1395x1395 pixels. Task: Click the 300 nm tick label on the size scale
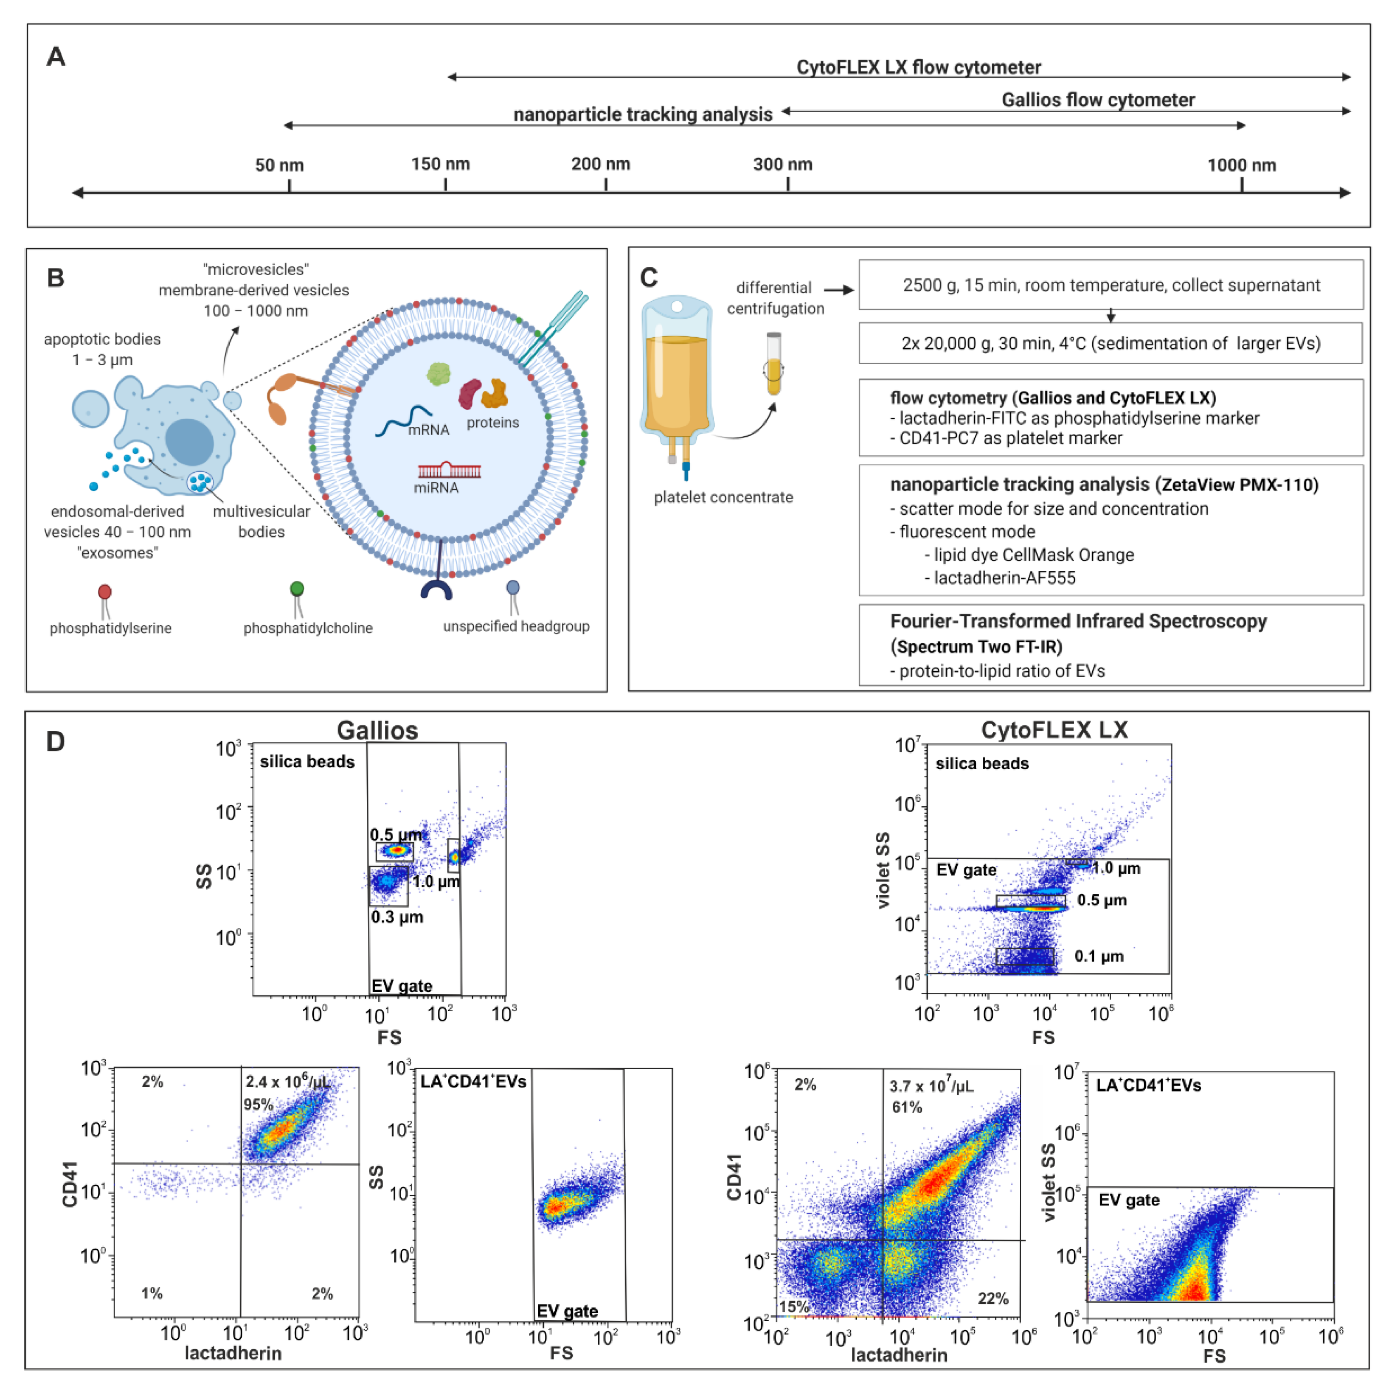coord(783,165)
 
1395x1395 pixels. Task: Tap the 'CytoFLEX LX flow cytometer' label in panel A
coord(918,67)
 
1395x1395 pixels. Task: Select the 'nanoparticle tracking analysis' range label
coord(643,114)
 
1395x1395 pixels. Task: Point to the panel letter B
coord(56,278)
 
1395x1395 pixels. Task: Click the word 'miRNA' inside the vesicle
coord(436,488)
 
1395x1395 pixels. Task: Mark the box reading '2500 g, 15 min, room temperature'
coord(1110,285)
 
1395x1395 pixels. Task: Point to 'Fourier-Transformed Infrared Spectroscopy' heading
coord(1078,622)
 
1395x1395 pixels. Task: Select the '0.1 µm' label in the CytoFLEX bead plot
coord(1099,957)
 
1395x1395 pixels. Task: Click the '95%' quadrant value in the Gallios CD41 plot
coord(258,1105)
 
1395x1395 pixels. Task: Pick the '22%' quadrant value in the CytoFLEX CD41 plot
coord(993,1299)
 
